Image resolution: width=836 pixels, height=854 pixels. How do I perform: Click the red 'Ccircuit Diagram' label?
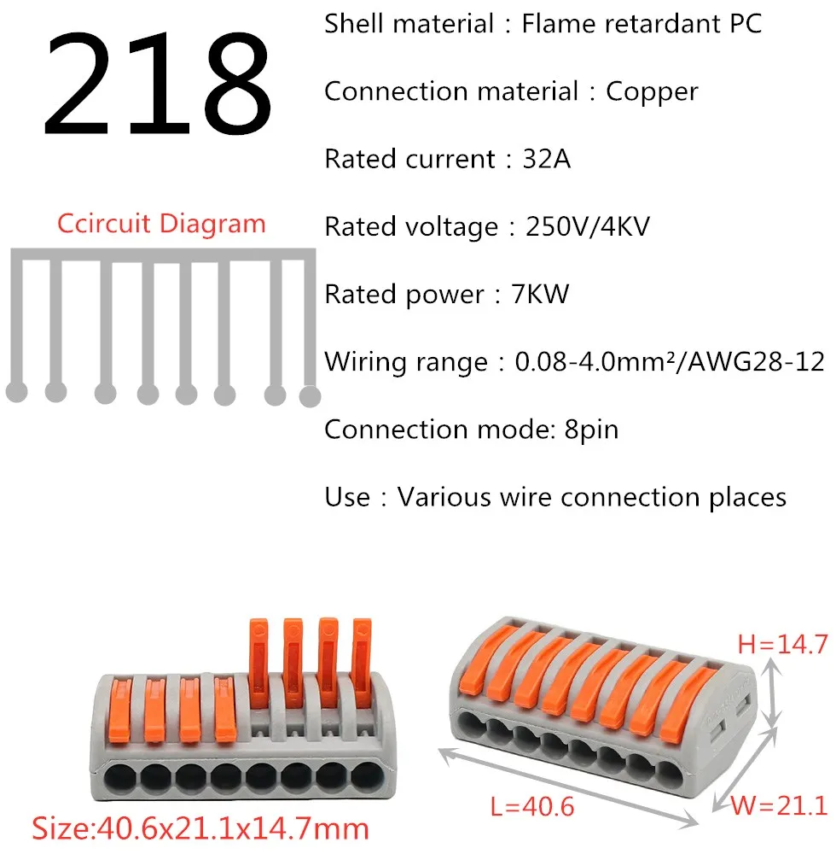(162, 224)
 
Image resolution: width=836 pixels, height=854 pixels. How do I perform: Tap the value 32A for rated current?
(546, 159)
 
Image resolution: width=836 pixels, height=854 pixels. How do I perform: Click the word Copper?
(652, 91)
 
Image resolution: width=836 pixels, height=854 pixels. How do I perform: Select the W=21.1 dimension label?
(780, 805)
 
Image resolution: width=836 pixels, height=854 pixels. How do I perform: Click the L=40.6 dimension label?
(531, 805)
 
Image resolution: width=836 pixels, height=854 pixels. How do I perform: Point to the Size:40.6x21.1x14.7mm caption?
(200, 828)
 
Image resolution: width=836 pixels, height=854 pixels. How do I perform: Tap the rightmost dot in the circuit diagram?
(310, 395)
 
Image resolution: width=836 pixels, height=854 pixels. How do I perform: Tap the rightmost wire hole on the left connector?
(364, 776)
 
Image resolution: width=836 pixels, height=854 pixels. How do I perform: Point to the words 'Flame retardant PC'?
(642, 24)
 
